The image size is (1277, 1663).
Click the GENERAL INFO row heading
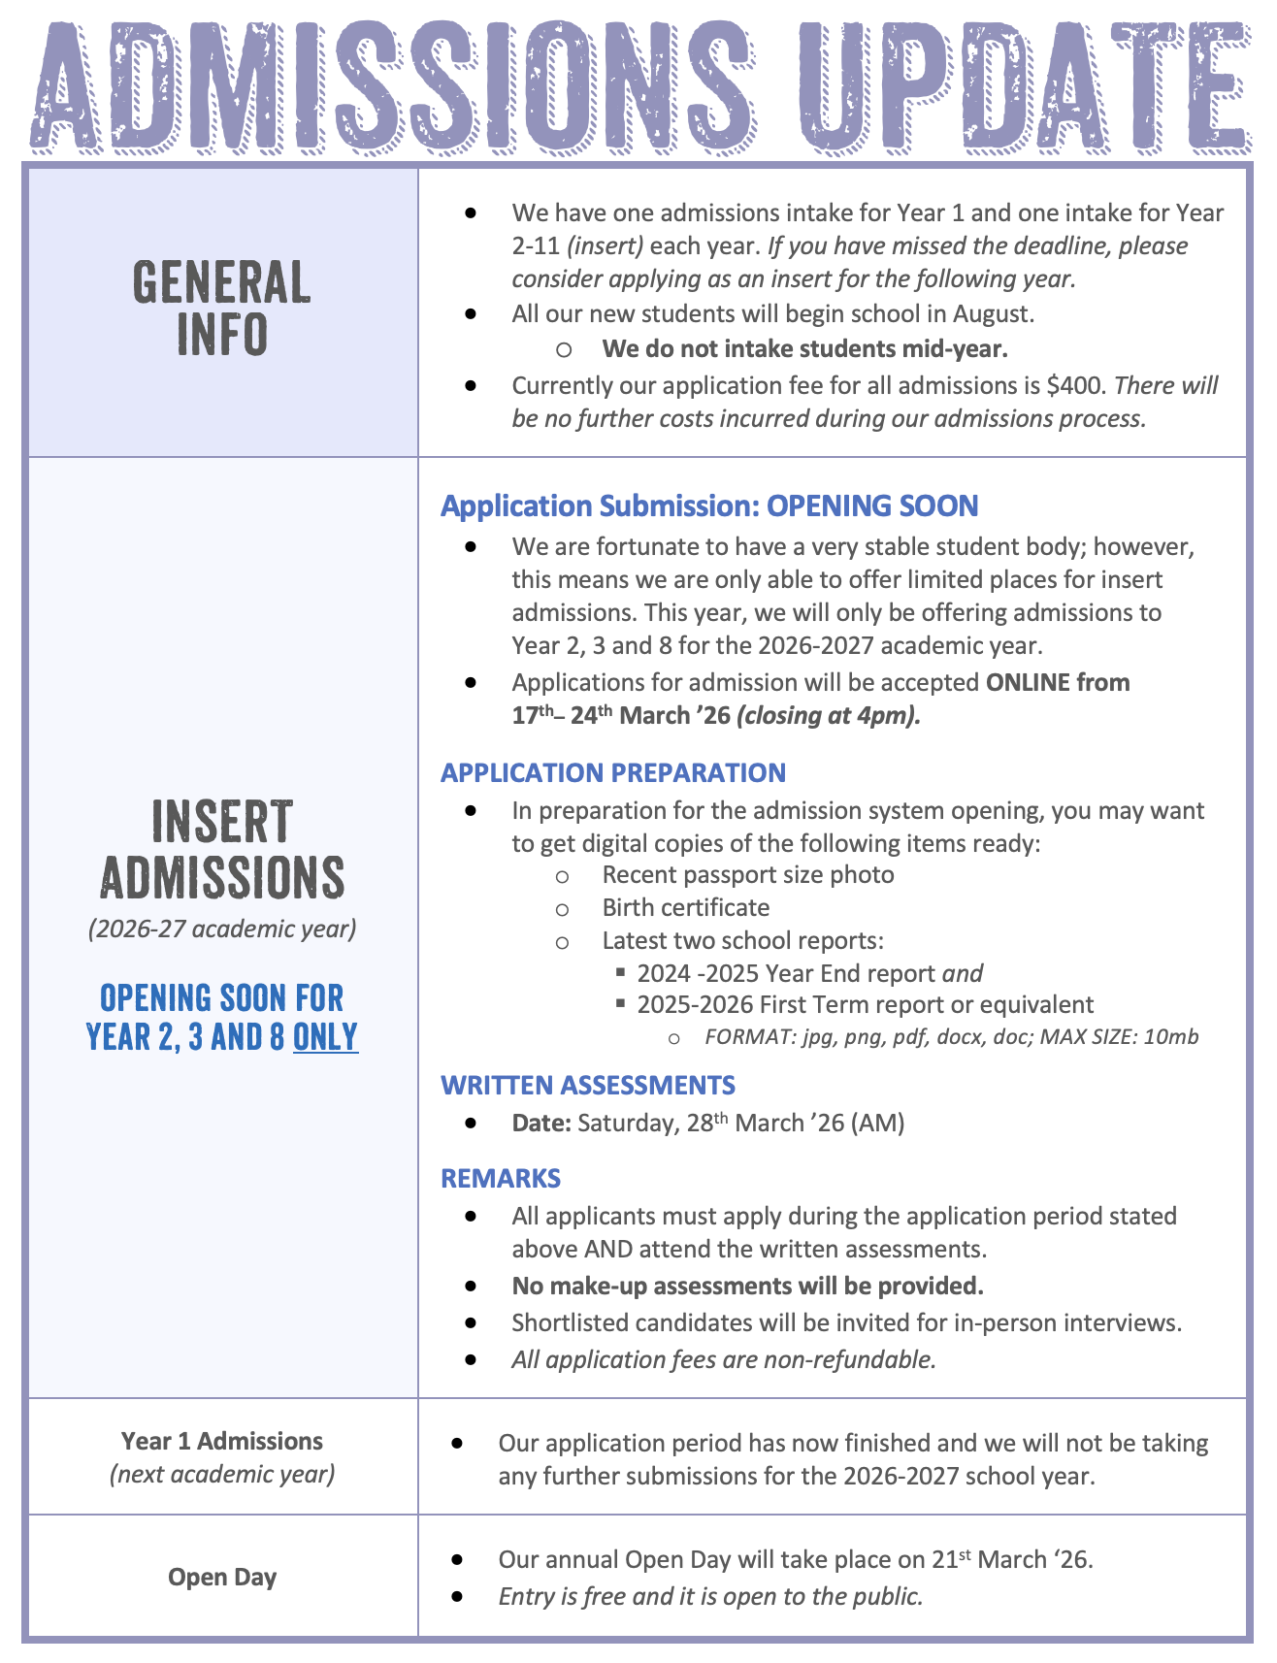[222, 308]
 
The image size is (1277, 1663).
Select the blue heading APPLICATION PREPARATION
[612, 772]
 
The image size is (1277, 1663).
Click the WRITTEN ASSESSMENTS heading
[587, 1085]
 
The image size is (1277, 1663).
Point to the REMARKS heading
[500, 1178]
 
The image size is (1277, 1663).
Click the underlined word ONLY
[325, 1037]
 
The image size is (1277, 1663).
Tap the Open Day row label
[222, 1577]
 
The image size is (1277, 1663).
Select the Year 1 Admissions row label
[222, 1441]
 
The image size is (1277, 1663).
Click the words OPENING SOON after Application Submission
[871, 505]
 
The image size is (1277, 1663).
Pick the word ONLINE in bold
[1028, 682]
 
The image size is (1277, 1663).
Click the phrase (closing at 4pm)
[829, 716]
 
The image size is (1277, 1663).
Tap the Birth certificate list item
[685, 907]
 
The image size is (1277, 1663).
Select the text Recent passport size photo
[747, 874]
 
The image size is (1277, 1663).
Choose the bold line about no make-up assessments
[747, 1286]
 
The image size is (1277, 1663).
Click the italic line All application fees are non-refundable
[724, 1359]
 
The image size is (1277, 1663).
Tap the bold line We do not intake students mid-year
[804, 348]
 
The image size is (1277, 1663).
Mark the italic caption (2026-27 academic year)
[222, 929]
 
